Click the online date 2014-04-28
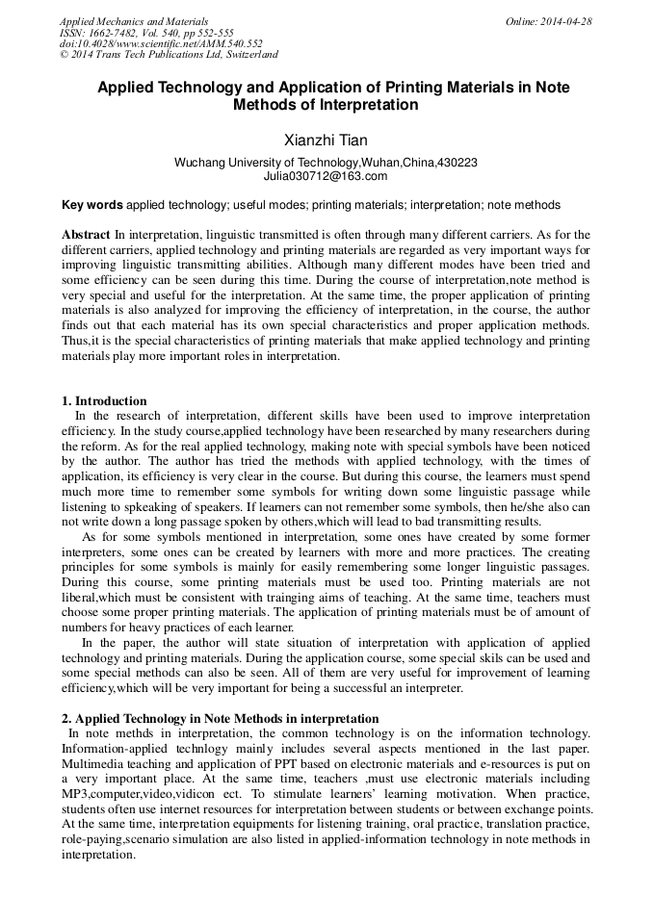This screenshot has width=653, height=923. click(566, 21)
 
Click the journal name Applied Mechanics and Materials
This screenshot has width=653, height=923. click(134, 21)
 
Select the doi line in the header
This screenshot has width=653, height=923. click(161, 43)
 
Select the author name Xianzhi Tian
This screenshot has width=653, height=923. click(326, 141)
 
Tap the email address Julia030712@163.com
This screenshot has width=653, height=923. click(326, 176)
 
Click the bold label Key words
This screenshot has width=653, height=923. click(92, 205)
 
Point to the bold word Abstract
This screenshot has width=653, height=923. click(87, 234)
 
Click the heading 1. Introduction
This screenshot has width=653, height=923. click(104, 400)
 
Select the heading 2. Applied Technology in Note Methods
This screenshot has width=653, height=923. click(220, 718)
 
